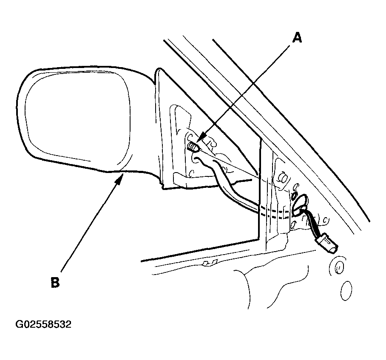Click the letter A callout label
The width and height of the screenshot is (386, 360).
pos(297,38)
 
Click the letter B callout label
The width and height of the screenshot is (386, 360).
pos(55,282)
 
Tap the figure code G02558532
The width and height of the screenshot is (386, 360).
pos(43,324)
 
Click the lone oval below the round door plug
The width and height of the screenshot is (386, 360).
pos(346,291)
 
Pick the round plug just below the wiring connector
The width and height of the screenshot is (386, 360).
pos(337,266)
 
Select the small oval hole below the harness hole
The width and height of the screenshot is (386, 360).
pos(293,225)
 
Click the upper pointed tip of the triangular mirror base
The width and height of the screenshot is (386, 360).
pos(160,69)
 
